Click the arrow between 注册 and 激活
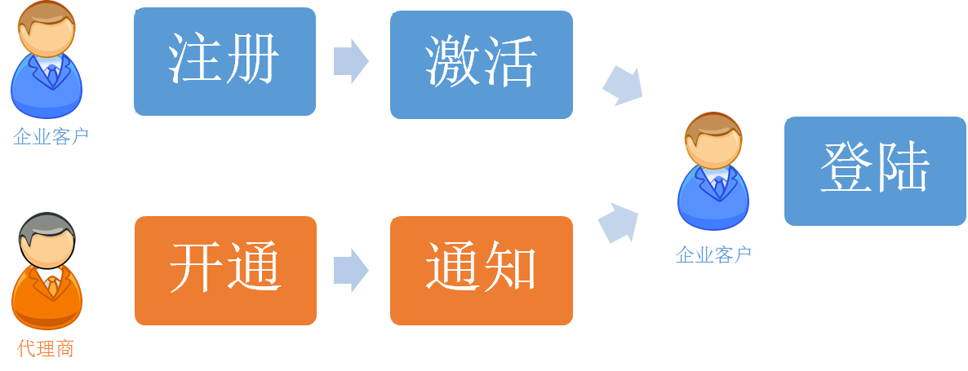coord(351,61)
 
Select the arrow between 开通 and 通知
coord(351,270)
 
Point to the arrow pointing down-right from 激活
coord(624,85)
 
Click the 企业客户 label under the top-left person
coord(51,136)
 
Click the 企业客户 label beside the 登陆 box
coord(713,254)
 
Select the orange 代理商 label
coord(46,349)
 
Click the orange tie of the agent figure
coord(52,285)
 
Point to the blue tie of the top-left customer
coord(52,75)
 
